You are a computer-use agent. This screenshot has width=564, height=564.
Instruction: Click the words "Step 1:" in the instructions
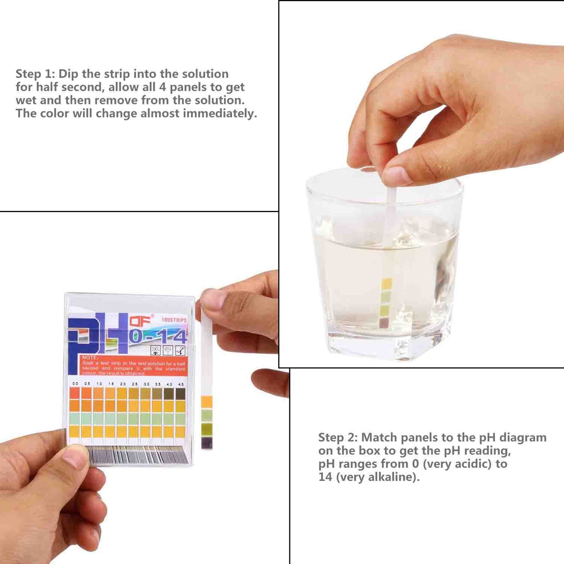[x=35, y=74]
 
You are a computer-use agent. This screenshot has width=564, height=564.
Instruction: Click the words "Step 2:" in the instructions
[x=338, y=437]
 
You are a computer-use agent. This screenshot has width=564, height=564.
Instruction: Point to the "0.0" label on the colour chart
[x=75, y=384]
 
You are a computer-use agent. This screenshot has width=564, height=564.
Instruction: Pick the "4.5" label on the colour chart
[x=180, y=384]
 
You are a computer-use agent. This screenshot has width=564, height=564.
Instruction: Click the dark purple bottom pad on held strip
[x=207, y=443]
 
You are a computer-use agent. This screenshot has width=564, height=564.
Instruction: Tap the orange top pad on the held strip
[x=207, y=402]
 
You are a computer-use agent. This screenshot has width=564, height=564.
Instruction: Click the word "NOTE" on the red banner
[x=89, y=358]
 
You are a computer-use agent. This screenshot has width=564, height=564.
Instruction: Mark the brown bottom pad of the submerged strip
[x=384, y=323]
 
